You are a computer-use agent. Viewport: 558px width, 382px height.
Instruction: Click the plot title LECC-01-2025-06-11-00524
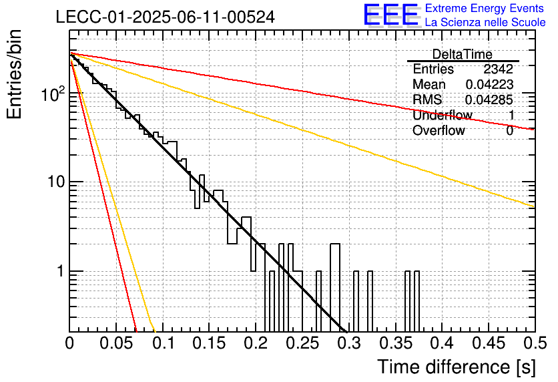(166, 17)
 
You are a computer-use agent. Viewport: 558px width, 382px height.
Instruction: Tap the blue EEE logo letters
(391, 15)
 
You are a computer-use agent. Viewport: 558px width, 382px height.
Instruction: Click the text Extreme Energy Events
(485, 8)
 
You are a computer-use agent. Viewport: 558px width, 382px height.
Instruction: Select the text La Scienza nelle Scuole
(485, 22)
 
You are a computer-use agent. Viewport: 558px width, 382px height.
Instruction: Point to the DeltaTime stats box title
(463, 55)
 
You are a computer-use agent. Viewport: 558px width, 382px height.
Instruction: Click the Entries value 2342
(498, 69)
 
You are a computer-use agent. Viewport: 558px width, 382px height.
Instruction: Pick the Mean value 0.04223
(489, 84)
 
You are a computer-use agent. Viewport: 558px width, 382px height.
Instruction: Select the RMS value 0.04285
(489, 100)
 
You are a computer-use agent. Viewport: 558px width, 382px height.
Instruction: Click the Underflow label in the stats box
(443, 115)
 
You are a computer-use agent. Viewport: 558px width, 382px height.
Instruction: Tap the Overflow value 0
(509, 131)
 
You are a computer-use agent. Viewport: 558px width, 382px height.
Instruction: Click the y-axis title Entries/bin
(14, 75)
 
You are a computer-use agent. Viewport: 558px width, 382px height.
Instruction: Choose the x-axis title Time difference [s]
(457, 367)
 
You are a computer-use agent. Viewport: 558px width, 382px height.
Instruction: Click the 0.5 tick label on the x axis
(535, 343)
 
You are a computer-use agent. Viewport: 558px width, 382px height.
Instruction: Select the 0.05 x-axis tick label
(116, 343)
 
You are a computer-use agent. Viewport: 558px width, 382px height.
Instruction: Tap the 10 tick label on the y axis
(57, 182)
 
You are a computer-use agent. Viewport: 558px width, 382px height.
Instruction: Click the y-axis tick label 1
(61, 271)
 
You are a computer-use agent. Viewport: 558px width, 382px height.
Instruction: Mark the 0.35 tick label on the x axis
(395, 343)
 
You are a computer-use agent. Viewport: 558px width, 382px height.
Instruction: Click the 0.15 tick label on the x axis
(210, 343)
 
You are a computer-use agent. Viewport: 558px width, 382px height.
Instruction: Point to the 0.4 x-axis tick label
(442, 343)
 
